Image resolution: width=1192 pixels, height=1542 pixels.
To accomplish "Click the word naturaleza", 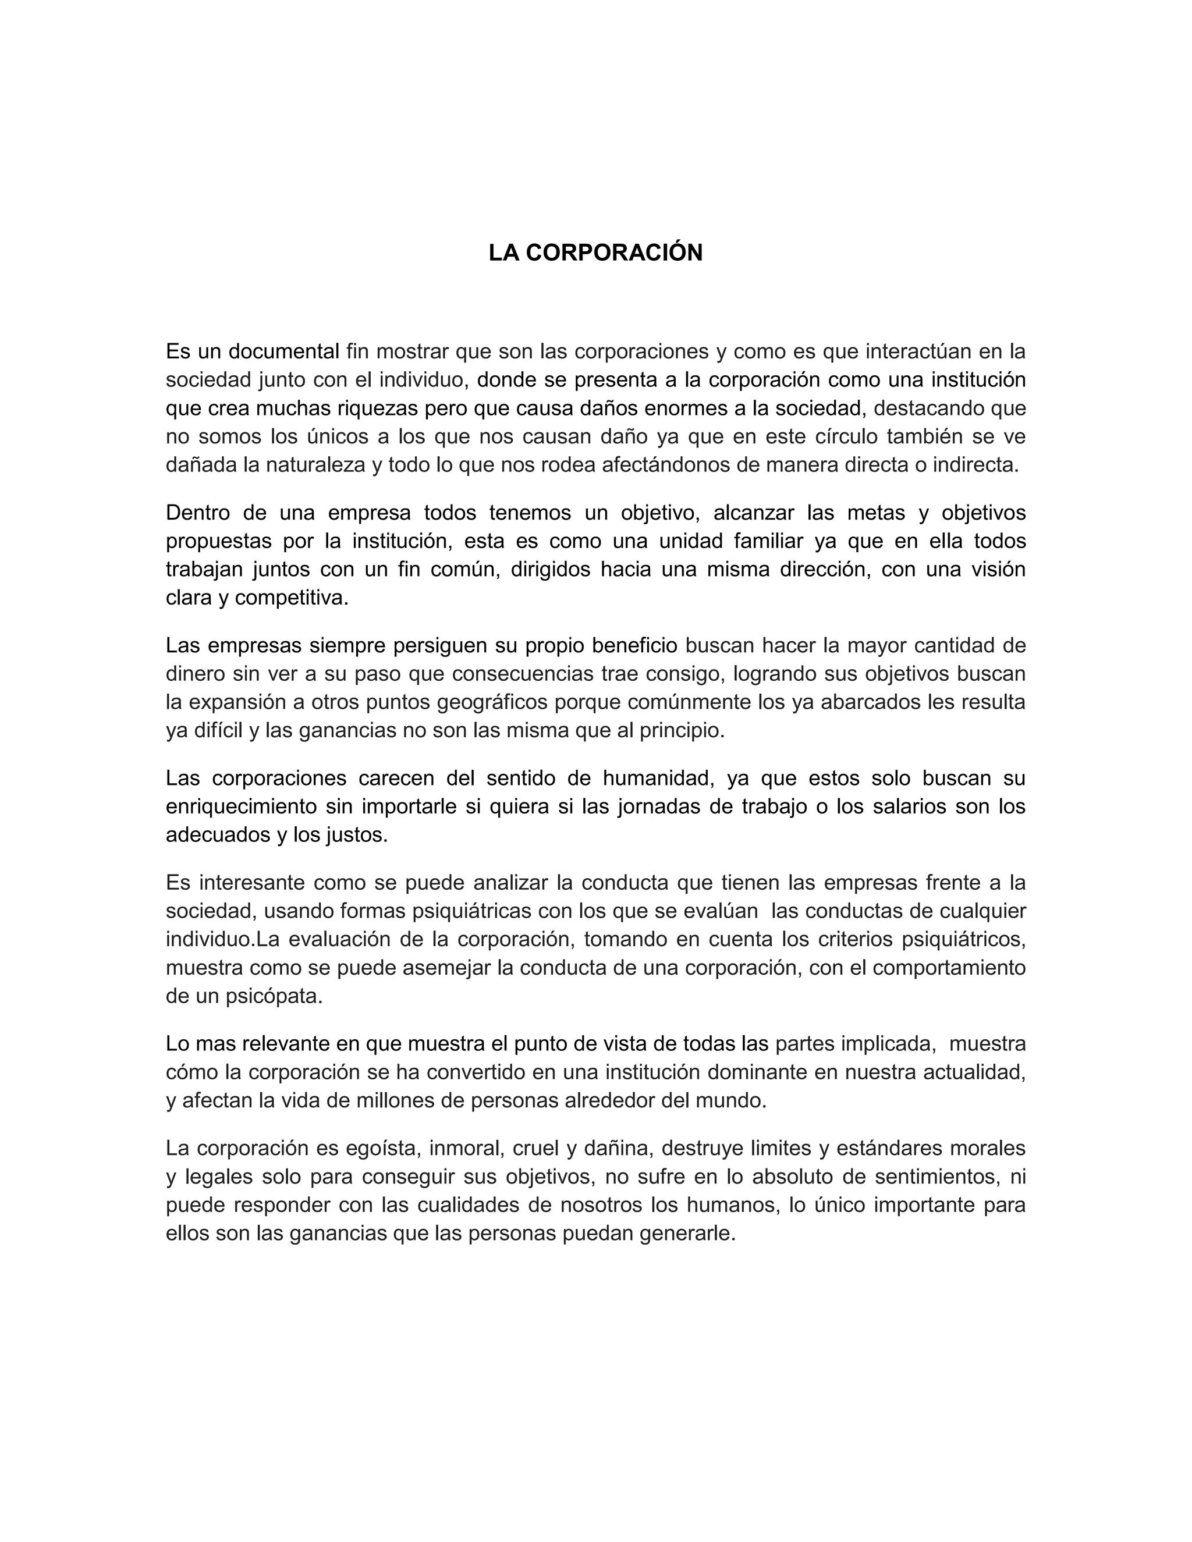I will click(315, 466).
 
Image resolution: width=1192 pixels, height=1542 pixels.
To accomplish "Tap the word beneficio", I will click(634, 645).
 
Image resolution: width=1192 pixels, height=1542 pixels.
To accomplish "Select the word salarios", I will click(891, 806).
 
